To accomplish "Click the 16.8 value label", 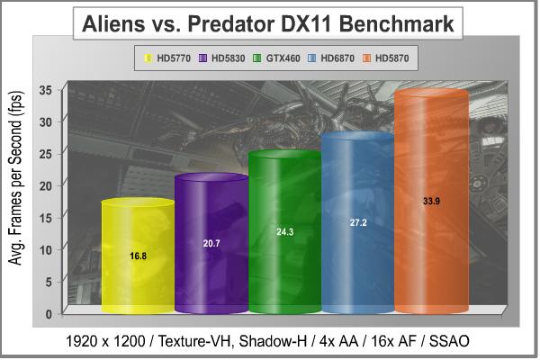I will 137,256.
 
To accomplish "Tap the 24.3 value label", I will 284,232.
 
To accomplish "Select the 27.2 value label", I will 357,222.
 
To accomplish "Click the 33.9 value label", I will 431,201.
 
